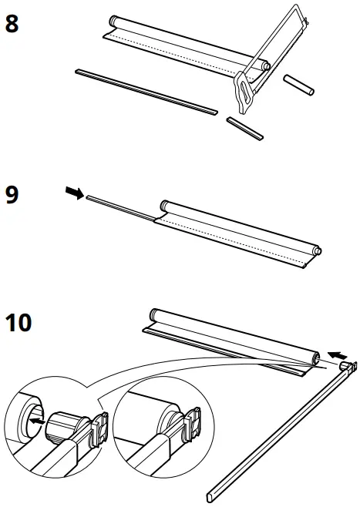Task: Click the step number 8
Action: [x=13, y=22]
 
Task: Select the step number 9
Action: [x=13, y=193]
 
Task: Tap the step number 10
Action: [x=19, y=323]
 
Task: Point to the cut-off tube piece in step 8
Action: [x=298, y=85]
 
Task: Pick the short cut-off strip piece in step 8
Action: [x=245, y=128]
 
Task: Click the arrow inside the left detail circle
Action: [x=39, y=422]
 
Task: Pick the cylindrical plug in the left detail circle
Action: [x=67, y=426]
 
